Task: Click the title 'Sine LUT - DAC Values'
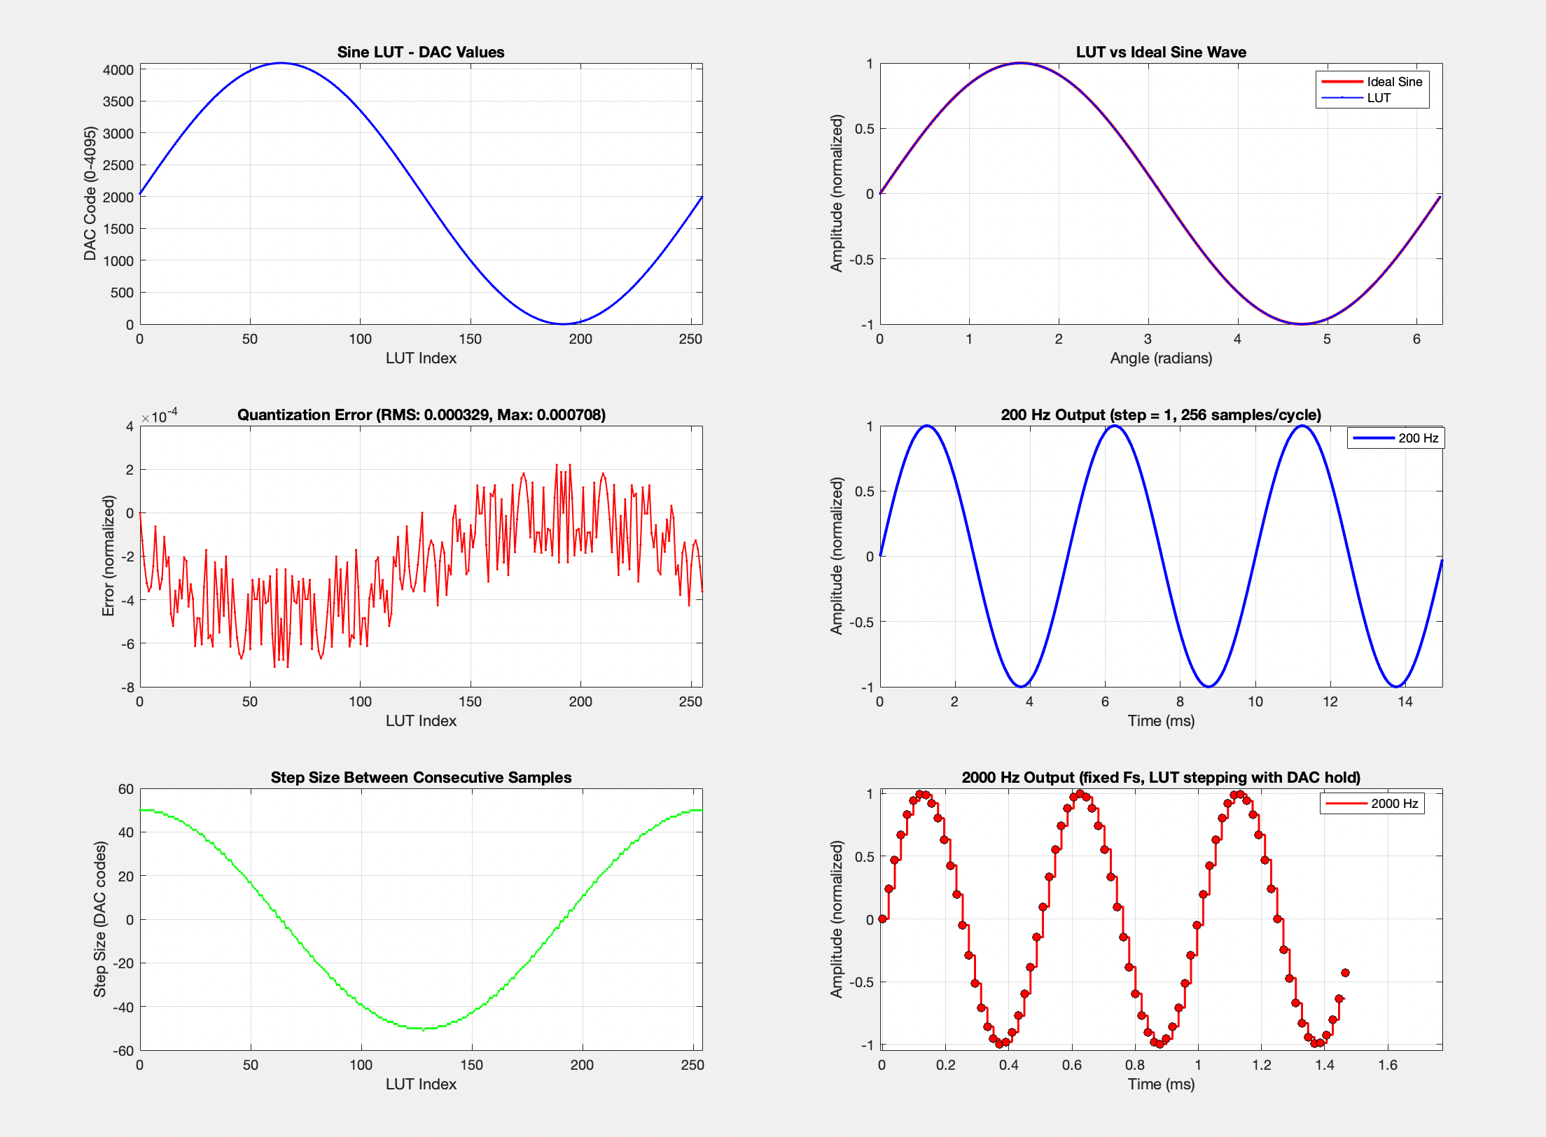pos(420,52)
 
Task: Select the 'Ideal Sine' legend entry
pos(1394,82)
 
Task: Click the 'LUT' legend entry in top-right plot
pos(1378,98)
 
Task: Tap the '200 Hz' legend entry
pos(1418,438)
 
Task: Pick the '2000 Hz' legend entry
pos(1394,804)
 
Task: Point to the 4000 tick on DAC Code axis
pos(118,70)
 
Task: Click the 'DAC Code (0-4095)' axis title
pos(90,193)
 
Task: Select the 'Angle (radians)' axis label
pos(1161,358)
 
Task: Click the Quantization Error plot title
pos(421,414)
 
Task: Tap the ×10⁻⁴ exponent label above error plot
pos(160,416)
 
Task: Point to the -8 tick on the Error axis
pos(127,688)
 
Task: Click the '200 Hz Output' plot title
pos(1161,414)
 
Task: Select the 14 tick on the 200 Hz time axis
pos(1405,702)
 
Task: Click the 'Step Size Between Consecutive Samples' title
pos(421,777)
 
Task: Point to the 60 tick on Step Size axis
pos(126,789)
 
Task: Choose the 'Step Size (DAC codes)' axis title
pos(100,919)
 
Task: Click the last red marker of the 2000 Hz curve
pos(1345,972)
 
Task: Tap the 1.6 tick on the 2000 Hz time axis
pos(1388,1065)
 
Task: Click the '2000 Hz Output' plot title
pos(1161,777)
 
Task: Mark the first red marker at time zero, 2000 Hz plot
pos(882,919)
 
